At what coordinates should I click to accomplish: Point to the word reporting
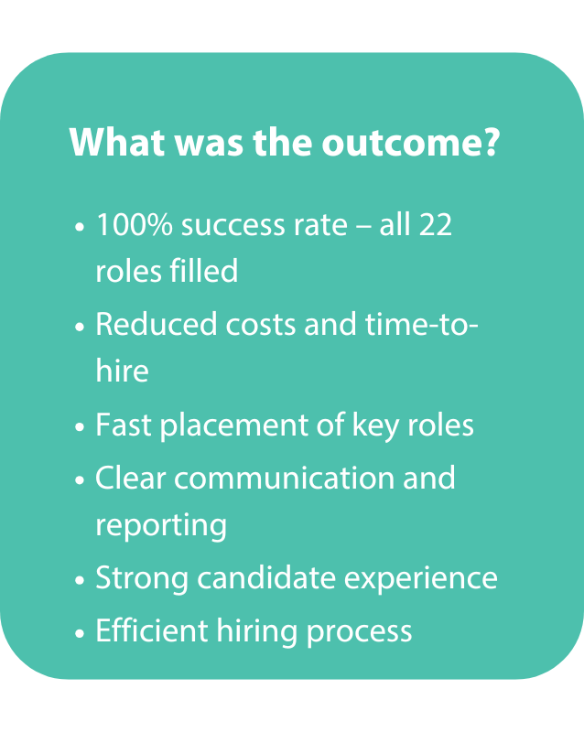point(161,525)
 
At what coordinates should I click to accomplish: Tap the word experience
point(425,580)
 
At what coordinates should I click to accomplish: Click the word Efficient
point(145,630)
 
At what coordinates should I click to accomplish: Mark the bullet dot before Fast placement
point(81,428)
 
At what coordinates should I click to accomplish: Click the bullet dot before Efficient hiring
point(81,633)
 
